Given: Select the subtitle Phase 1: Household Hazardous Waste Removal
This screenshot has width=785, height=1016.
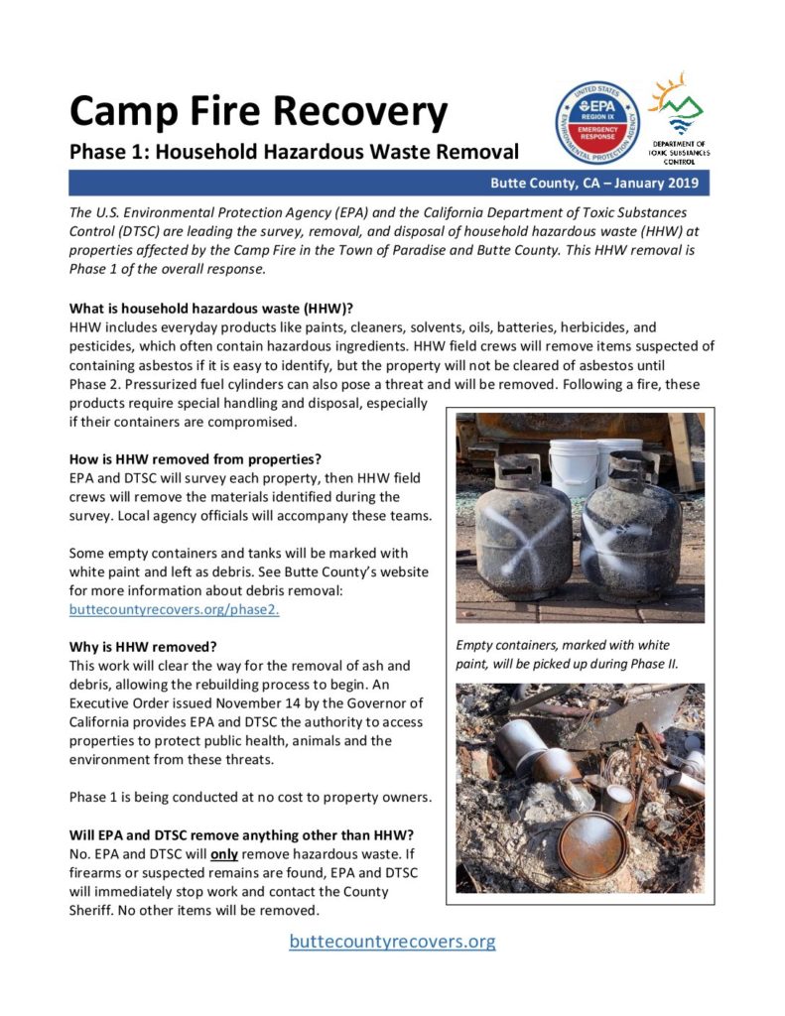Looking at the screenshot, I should [294, 153].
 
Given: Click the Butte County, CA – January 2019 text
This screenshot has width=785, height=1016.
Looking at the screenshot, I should [593, 184].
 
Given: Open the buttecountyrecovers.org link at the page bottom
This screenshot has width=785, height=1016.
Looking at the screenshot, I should [392, 941].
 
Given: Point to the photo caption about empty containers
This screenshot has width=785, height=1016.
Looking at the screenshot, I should [568, 654].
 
